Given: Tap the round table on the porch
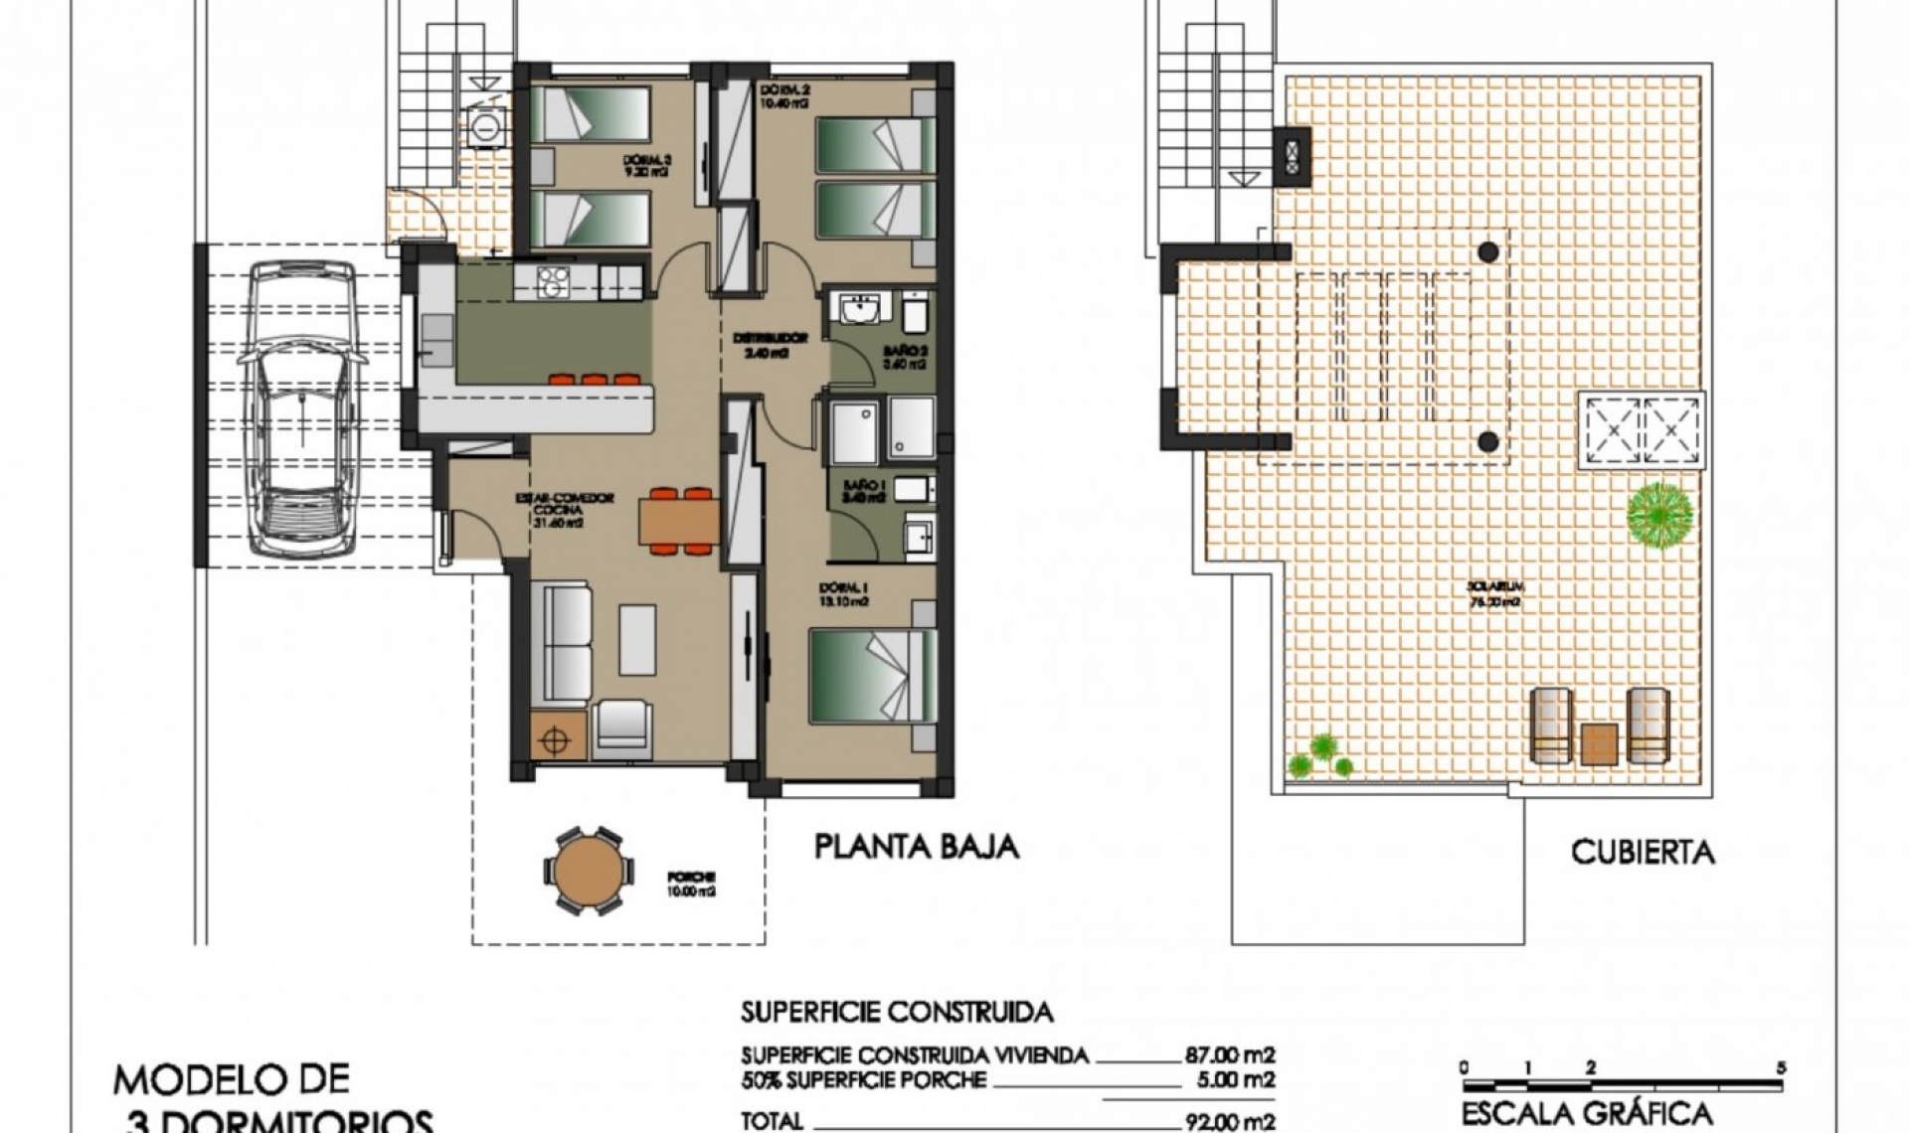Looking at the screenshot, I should click(588, 871).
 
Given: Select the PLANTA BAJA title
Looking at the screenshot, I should click(916, 847).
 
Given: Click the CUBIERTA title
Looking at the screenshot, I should click(1643, 852).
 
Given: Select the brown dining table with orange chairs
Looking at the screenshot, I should click(680, 519).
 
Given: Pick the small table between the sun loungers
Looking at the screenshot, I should click(1599, 743).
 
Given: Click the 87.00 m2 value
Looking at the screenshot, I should click(1229, 1055).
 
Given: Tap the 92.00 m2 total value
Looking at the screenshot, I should click(1229, 1122).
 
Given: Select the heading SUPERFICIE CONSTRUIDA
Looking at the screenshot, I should click(896, 1013).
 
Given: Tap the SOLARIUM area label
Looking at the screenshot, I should click(1494, 594).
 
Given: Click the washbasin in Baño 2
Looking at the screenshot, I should click(858, 309).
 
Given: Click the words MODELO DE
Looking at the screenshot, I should click(231, 1079).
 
